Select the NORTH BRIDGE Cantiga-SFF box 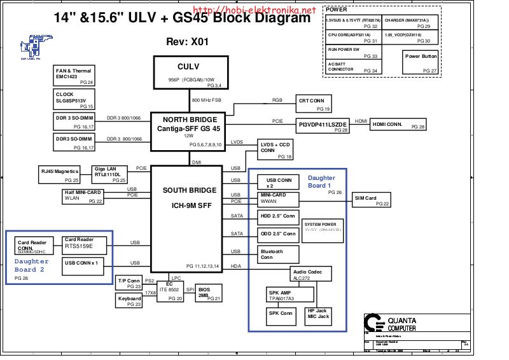pos(190,130)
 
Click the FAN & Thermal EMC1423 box pos(74,76)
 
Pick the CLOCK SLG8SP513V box pos(74,100)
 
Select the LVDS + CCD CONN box pos(275,149)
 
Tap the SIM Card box pos(373,200)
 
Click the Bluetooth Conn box pos(278,254)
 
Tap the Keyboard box pos(129,301)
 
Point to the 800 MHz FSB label pos(207,100)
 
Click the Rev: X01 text pos(186,41)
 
